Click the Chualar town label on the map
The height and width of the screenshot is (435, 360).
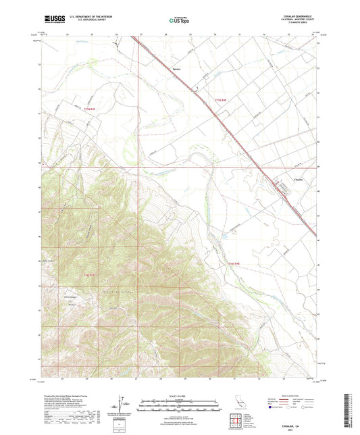(299, 180)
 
